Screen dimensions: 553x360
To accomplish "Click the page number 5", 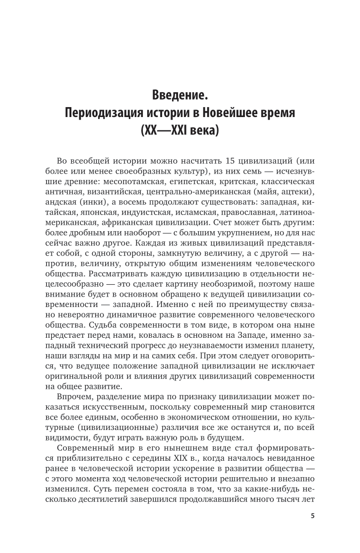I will pyautogui.click(x=312, y=516).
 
